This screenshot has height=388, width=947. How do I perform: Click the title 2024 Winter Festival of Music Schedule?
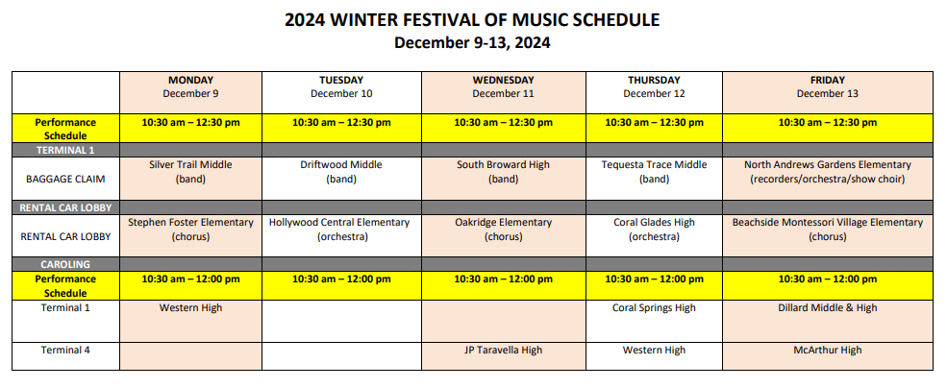click(472, 20)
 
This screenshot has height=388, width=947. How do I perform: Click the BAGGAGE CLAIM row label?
click(65, 180)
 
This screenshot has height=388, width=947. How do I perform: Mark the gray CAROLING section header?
click(65, 264)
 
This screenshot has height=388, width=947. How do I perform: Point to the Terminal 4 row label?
click(65, 350)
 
